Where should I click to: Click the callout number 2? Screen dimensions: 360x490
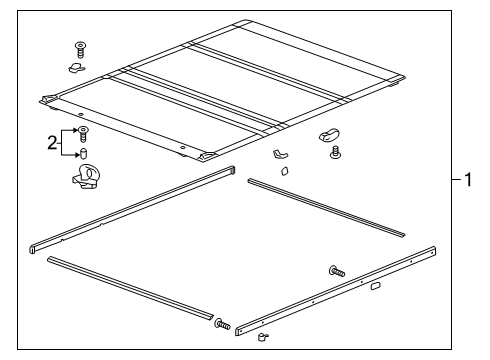pyautogui.click(x=53, y=143)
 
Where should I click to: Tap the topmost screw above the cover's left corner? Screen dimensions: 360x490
pyautogui.click(x=80, y=48)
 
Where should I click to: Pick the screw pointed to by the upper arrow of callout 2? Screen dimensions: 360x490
pyautogui.click(x=84, y=132)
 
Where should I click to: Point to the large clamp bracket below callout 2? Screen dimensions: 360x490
pyautogui.click(x=86, y=179)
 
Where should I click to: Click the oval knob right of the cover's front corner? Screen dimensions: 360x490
pyautogui.click(x=327, y=133)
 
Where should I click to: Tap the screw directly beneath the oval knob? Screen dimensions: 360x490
pyautogui.click(x=335, y=153)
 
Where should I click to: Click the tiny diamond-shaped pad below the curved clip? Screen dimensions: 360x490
pyautogui.click(x=283, y=171)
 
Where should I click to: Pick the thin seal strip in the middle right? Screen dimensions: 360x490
pyautogui.click(x=326, y=207)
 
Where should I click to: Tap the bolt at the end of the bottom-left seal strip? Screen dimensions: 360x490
pyautogui.click(x=221, y=325)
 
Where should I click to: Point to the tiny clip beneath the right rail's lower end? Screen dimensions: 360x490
pyautogui.click(x=263, y=340)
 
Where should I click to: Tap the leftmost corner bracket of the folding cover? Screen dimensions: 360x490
pyautogui.click(x=47, y=100)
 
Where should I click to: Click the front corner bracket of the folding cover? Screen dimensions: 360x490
pyautogui.click(x=210, y=156)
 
